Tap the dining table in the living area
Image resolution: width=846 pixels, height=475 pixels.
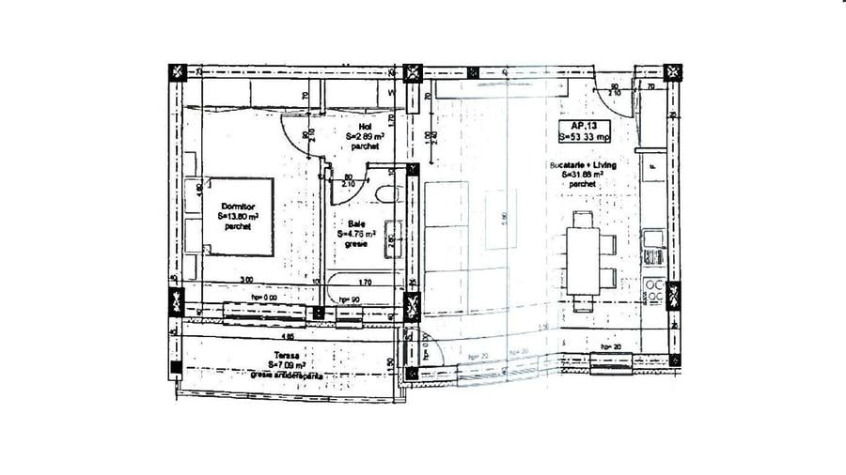click(x=584, y=260)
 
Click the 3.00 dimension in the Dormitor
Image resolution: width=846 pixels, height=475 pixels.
click(x=245, y=280)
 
